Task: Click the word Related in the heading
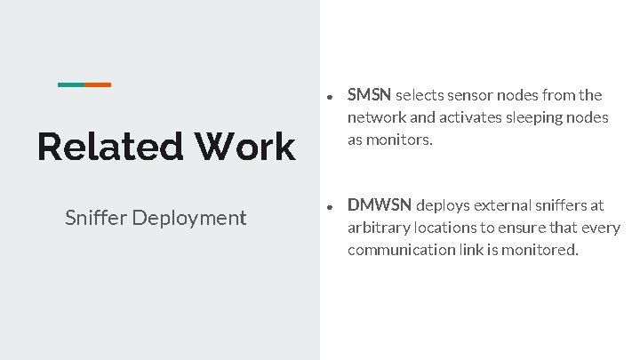(106, 147)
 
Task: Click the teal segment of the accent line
(71, 84)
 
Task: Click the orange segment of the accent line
(98, 84)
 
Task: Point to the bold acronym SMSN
(370, 95)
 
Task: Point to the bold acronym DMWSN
(380, 204)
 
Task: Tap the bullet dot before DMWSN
(329, 205)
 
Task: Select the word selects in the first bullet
(422, 95)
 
